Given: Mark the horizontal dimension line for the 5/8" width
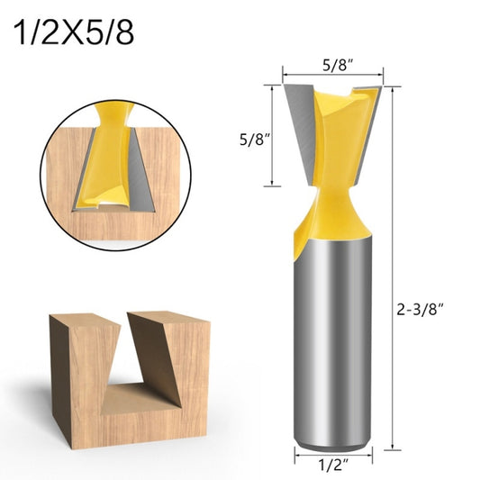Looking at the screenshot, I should (x=334, y=76).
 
